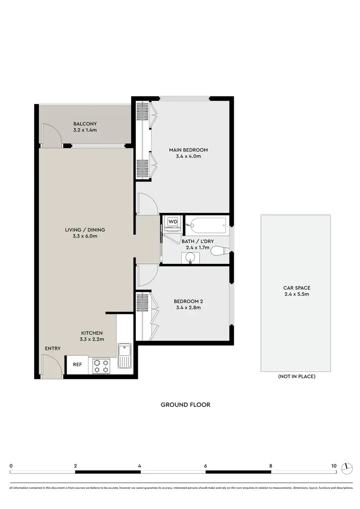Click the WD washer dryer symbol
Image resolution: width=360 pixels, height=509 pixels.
[171, 222]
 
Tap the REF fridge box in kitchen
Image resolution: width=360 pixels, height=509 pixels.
[77, 364]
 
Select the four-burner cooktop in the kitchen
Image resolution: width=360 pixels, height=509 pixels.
[101, 366]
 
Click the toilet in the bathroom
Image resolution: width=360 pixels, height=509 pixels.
[221, 250]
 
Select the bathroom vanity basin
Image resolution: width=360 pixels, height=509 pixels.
[191, 258]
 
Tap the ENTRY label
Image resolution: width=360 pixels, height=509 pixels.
[52, 348]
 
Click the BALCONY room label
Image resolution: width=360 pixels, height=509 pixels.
[85, 123]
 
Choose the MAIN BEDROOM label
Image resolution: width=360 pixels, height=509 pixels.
[188, 150]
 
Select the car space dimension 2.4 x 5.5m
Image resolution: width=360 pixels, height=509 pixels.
[296, 294]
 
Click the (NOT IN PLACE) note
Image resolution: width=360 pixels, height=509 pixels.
[296, 377]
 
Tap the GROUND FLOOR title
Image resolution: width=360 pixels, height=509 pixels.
[185, 404]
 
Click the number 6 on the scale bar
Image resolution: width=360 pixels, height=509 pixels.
[205, 465]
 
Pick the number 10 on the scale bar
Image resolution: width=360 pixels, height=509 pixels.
[333, 465]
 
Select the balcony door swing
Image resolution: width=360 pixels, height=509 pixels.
[50, 134]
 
